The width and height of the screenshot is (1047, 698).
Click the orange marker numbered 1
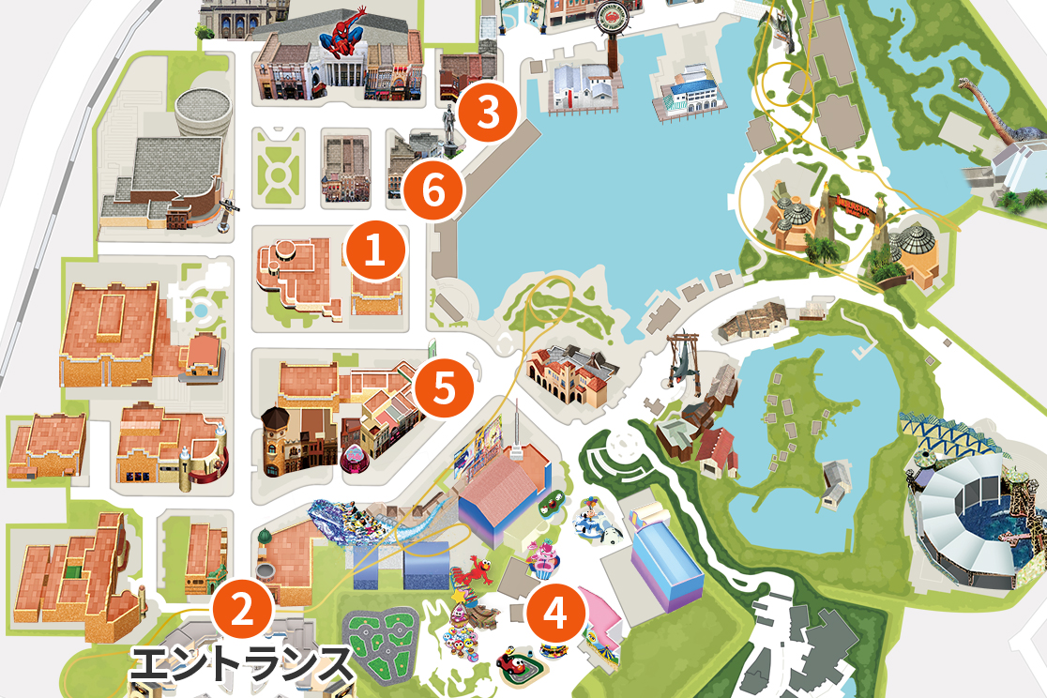pyautogui.click(x=375, y=250)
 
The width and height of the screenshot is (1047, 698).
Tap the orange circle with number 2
pyautogui.click(x=242, y=611)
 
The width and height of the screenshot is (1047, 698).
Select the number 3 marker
pyautogui.click(x=488, y=113)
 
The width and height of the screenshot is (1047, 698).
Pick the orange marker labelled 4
pyautogui.click(x=556, y=615)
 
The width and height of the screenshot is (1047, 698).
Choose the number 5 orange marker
pyautogui.click(x=445, y=387)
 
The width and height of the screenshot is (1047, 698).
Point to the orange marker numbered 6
pyautogui.click(x=432, y=191)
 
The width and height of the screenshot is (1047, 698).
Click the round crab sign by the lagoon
pyautogui.click(x=620, y=17)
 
